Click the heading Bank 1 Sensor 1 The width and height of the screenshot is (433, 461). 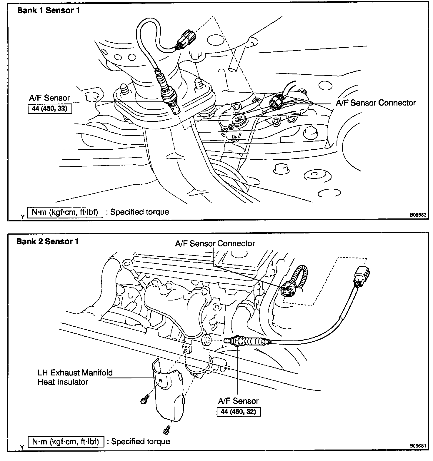pyautogui.click(x=49, y=11)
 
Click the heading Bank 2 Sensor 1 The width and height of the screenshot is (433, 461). pyautogui.click(x=48, y=242)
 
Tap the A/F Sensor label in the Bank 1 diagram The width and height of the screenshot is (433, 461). pyautogui.click(x=49, y=98)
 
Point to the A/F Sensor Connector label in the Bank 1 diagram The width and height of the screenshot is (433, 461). pyautogui.click(x=376, y=103)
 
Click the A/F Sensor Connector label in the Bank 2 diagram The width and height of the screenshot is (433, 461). pyautogui.click(x=215, y=243)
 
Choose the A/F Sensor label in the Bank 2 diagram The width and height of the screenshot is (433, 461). pyautogui.click(x=238, y=401)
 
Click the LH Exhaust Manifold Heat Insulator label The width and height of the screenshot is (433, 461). pyautogui.click(x=75, y=377)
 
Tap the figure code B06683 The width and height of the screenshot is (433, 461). pyautogui.click(x=418, y=215)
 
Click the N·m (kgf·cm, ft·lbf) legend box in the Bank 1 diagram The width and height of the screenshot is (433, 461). pyautogui.click(x=65, y=212)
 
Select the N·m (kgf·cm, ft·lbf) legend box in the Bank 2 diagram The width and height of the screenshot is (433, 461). pyautogui.click(x=66, y=441)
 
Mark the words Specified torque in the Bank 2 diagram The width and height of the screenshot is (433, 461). pyautogui.click(x=141, y=441)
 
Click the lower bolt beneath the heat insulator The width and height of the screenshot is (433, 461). pyautogui.click(x=166, y=429)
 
